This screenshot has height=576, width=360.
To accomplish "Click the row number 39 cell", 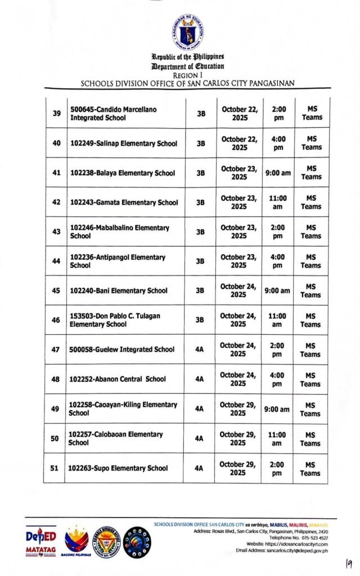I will coord(56,114).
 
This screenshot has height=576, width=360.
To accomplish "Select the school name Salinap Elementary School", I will coord(124,143).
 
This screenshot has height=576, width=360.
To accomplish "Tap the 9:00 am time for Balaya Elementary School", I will coord(278,173).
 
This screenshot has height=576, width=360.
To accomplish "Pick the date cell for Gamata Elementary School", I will coord(239,202).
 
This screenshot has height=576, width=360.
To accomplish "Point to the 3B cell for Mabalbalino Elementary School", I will coord(201,232).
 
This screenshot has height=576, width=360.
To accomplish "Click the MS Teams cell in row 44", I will coord(310,261).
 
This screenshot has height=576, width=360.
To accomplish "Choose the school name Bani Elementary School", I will coord(119,291).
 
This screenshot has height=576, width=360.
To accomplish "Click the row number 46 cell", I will coord(56,320).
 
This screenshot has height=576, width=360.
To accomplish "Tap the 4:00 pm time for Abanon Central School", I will coord(277,379).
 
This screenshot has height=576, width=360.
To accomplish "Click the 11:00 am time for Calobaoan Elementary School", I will coord(277,439).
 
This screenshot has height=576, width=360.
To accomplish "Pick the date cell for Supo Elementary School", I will coord(238,469).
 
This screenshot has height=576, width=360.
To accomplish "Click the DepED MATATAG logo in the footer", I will coord(40,542).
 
